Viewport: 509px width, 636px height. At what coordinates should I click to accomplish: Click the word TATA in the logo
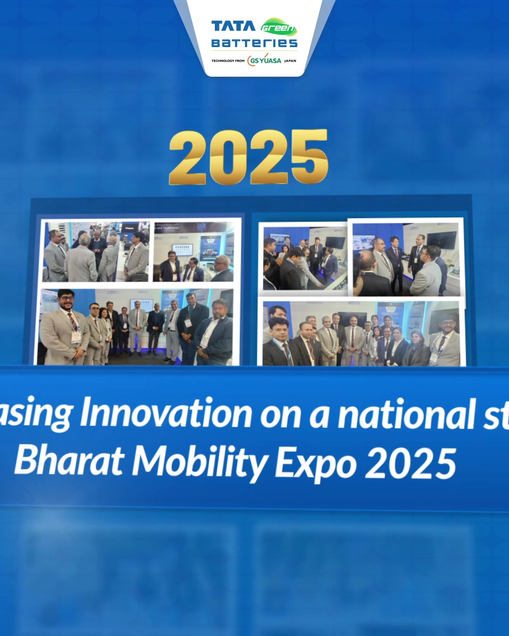tap(233, 26)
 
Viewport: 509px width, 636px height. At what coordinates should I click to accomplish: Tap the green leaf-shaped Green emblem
tap(279, 27)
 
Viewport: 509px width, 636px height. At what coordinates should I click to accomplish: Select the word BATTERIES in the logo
tap(254, 43)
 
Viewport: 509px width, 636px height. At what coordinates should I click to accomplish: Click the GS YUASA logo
tap(264, 60)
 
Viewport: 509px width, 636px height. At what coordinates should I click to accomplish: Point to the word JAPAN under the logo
tap(290, 61)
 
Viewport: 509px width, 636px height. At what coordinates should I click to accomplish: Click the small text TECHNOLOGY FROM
tap(228, 61)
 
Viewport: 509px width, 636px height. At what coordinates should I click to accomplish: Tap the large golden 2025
tap(248, 157)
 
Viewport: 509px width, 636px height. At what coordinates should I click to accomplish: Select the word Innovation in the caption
tap(166, 413)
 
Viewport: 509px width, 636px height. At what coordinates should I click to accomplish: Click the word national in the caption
tap(406, 414)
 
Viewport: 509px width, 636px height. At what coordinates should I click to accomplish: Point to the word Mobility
tap(200, 462)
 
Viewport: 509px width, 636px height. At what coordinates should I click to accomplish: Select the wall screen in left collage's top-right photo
tap(182, 248)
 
